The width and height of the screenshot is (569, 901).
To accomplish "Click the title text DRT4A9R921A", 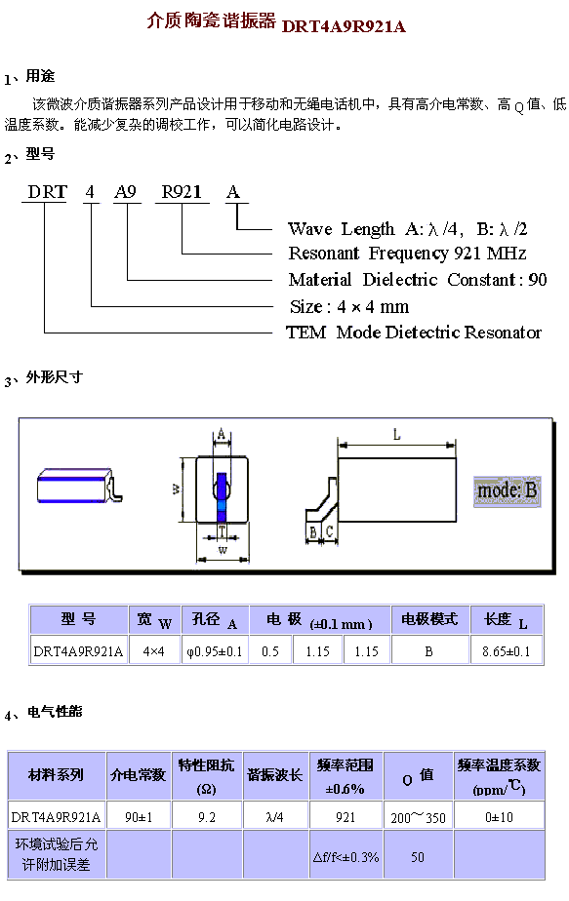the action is (344, 26).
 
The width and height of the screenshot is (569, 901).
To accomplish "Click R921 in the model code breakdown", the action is (182, 191).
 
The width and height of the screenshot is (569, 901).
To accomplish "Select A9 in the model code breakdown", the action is (125, 191).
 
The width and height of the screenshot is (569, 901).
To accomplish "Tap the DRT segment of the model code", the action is (48, 191).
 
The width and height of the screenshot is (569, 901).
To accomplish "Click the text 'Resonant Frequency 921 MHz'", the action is (407, 253).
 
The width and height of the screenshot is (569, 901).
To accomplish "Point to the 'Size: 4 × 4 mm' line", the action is (349, 306).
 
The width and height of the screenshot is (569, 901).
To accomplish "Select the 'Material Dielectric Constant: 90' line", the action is (418, 279).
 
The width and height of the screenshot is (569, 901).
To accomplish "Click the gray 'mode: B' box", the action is (507, 490).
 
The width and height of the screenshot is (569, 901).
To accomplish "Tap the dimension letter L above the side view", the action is (397, 435).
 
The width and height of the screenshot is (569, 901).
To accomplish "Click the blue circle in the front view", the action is (223, 489).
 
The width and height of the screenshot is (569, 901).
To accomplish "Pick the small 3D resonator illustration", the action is (79, 487).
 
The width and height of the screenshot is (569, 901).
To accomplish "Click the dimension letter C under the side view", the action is (329, 531).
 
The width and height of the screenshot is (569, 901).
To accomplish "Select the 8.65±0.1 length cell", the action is (507, 651).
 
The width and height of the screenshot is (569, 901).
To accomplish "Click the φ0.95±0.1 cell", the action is (215, 651).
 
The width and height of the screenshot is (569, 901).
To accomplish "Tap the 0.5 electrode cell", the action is (269, 651).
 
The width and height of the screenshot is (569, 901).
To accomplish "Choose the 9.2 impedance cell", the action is (207, 816).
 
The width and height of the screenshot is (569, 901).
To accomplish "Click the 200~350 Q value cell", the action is (419, 816).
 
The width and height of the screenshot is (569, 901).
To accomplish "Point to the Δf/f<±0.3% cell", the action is (345, 857).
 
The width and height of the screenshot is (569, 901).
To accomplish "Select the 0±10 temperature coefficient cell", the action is (499, 816).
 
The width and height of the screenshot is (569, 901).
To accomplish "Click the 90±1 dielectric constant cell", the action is (139, 816).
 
